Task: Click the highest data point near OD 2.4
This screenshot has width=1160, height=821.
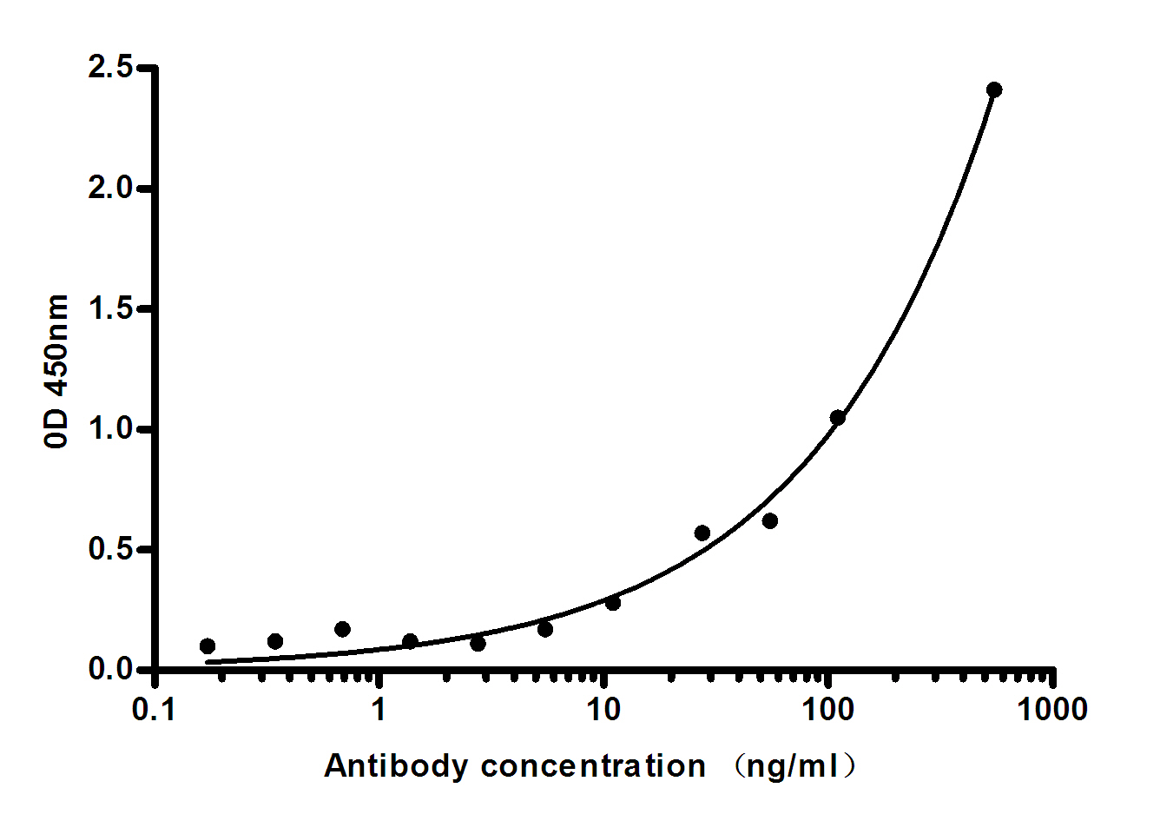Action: click(994, 89)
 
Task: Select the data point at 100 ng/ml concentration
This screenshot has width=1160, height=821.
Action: click(837, 418)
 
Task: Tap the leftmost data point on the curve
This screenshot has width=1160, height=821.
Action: click(208, 646)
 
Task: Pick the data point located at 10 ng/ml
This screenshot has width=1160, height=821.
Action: click(613, 602)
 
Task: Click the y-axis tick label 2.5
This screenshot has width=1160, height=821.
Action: click(110, 67)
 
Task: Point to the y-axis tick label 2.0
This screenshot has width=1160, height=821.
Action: click(110, 188)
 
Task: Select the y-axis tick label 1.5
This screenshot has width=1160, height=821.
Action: click(110, 308)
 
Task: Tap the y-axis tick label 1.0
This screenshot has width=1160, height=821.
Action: click(110, 429)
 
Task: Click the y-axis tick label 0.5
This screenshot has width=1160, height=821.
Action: click(110, 550)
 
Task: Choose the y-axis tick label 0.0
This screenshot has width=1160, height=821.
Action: click(110, 670)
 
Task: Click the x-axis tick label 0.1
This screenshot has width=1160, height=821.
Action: click(154, 710)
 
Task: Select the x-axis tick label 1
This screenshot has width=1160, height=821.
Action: click(379, 710)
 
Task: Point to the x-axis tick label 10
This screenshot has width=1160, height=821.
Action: click(603, 710)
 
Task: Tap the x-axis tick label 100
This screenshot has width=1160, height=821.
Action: click(827, 710)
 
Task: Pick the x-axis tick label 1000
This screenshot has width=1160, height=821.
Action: click(1052, 710)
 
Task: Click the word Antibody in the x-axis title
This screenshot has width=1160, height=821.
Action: click(395, 766)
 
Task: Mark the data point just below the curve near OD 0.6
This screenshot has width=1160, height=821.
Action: click(769, 520)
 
